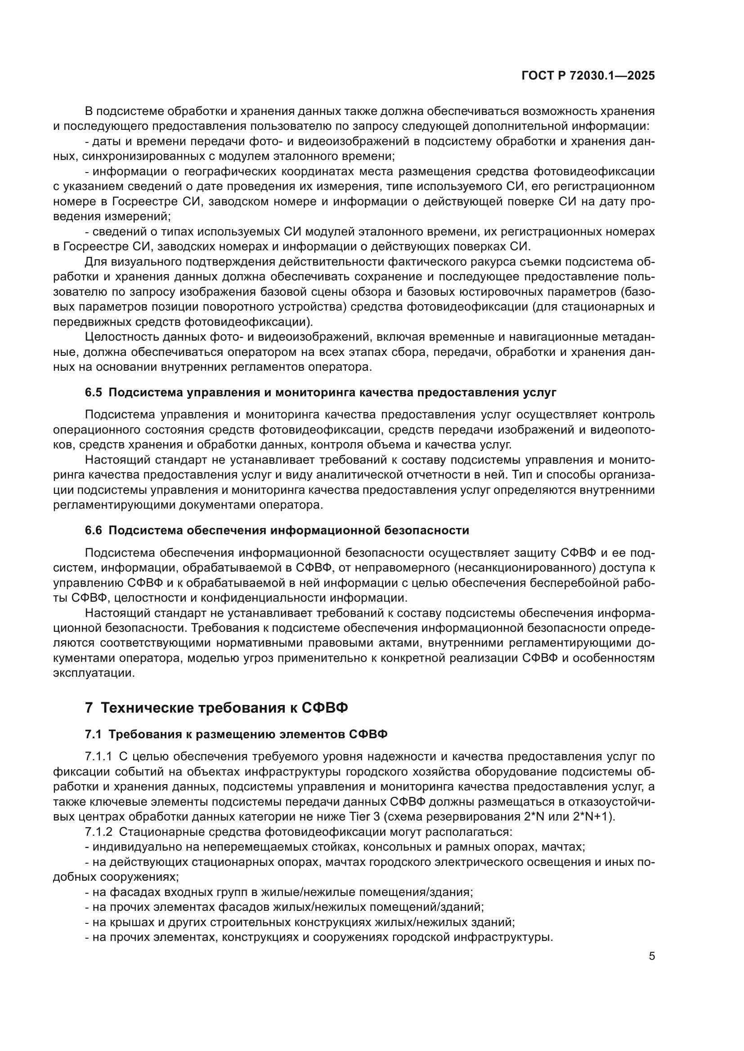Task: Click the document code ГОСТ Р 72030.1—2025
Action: (x=588, y=76)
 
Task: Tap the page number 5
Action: (x=651, y=956)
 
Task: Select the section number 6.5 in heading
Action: (x=94, y=392)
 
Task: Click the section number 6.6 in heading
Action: (x=94, y=530)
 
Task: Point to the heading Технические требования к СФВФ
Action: (x=224, y=708)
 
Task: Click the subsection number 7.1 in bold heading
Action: (x=94, y=734)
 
